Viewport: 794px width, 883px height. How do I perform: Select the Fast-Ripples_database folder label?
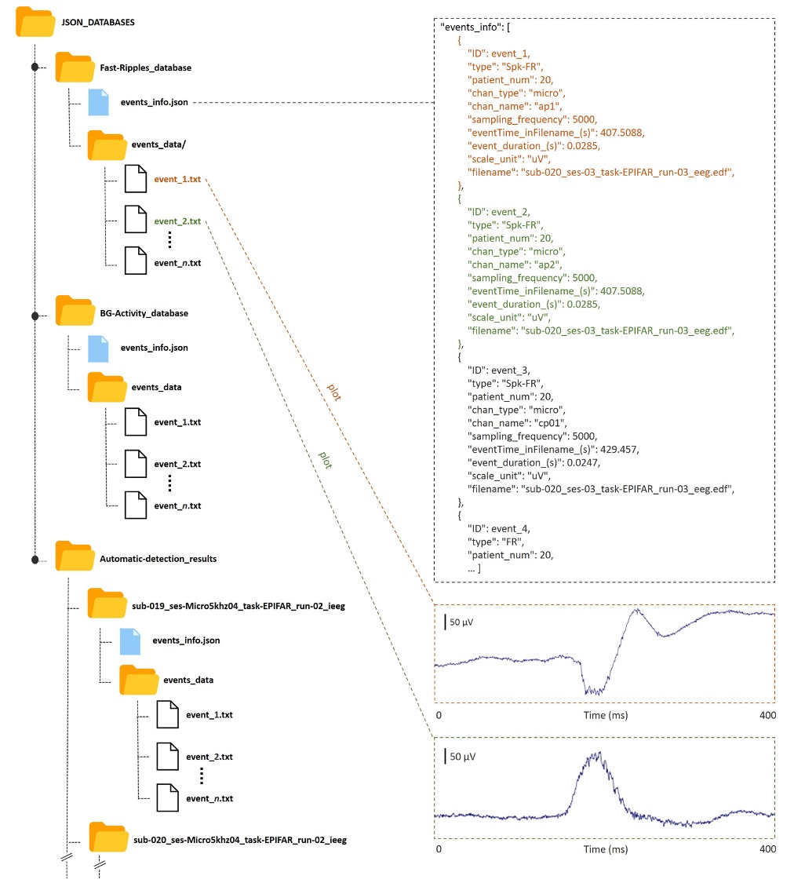point(145,68)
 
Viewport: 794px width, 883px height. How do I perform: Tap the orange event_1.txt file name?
point(177,180)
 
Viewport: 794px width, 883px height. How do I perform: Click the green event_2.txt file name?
point(177,221)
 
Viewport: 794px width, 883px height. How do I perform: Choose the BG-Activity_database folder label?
point(144,313)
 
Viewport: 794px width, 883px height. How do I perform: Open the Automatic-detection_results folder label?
point(158,559)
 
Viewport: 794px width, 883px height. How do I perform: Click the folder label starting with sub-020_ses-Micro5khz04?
point(240,839)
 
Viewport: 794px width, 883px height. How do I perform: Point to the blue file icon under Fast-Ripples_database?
point(98,102)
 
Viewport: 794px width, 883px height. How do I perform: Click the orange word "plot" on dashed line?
point(333,393)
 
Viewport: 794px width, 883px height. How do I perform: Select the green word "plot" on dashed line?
point(324,459)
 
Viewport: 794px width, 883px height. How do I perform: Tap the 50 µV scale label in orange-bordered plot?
point(462,622)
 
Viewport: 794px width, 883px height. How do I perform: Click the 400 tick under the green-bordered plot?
point(768,849)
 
